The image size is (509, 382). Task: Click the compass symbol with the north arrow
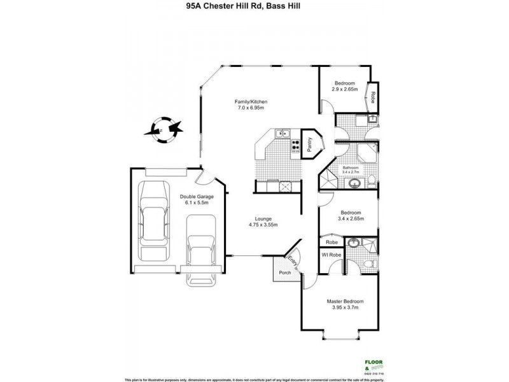click(x=162, y=130)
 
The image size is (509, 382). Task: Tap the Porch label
click(x=284, y=272)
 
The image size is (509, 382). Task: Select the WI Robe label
click(x=331, y=255)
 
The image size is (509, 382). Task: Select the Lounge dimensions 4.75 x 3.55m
click(x=262, y=225)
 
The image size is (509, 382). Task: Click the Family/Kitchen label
click(x=250, y=102)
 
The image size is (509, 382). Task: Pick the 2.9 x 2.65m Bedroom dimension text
click(x=345, y=90)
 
